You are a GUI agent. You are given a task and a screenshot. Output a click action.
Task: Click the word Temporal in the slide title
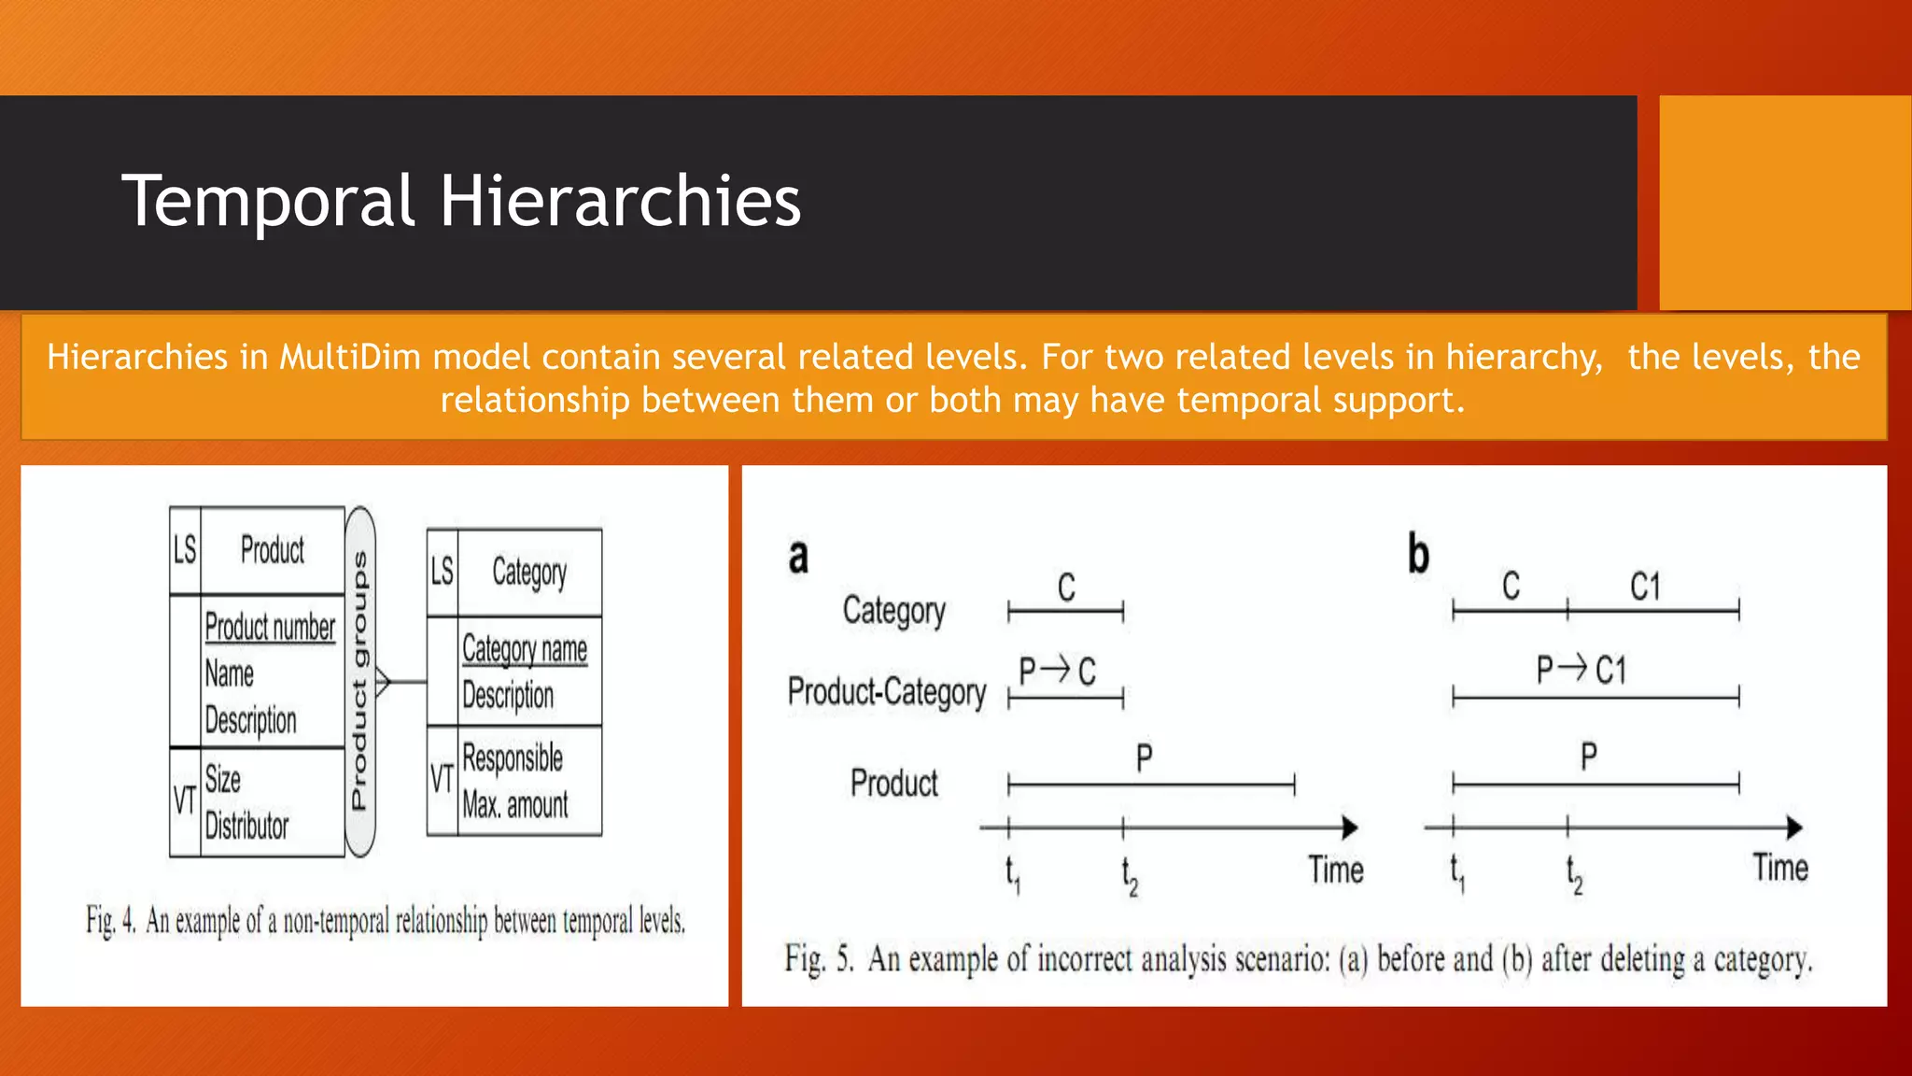[267, 201]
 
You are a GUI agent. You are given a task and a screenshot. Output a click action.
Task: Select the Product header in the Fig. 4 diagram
[272, 550]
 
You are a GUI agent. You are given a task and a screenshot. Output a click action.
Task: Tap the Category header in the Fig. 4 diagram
[529, 573]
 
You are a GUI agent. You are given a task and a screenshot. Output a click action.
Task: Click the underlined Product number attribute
[270, 627]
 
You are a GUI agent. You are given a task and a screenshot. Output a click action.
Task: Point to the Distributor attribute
[246, 826]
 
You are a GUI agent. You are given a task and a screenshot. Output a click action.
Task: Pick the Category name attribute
[525, 649]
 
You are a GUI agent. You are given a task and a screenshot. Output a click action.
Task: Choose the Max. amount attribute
[515, 804]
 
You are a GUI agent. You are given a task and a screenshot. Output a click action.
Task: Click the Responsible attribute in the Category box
[513, 757]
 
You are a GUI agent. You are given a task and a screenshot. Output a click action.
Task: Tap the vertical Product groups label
[359, 681]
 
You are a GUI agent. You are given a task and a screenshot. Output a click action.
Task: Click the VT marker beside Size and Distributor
[184, 800]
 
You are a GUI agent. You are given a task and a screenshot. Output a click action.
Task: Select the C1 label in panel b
[1645, 588]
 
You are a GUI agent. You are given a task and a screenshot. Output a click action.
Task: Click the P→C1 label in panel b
[1582, 670]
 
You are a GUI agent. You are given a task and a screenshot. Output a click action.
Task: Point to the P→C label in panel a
[1057, 671]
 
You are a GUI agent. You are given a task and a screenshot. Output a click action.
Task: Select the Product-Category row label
[886, 692]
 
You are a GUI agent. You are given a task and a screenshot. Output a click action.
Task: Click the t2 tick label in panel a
[1129, 875]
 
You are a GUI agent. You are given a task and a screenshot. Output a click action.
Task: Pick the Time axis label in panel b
[1780, 868]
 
